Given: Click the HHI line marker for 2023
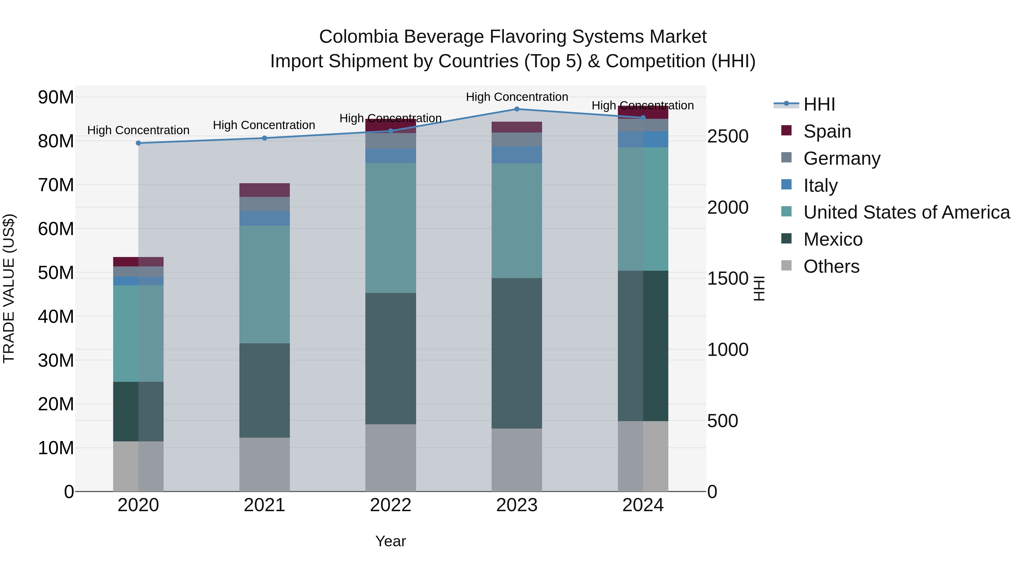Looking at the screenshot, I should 517,109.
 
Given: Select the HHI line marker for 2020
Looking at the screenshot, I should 138,143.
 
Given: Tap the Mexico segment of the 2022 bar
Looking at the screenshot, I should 390,358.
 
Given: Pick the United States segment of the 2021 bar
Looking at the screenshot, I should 264,284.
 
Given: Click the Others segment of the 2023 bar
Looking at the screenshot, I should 517,460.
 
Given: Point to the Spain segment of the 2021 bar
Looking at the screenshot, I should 264,190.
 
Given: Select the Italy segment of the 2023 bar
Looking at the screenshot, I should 517,154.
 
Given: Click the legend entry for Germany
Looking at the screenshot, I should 842,158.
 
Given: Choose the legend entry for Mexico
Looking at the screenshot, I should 832,239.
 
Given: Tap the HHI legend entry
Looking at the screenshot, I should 819,104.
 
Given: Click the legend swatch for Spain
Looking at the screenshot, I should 786,131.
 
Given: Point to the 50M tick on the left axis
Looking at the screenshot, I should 56,273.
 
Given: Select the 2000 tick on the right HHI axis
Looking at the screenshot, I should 728,207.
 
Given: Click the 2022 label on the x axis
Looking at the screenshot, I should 390,505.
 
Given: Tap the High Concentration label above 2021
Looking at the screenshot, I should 264,125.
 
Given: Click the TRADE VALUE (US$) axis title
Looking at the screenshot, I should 9,288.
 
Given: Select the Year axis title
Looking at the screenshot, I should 390,541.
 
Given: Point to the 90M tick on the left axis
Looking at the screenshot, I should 56,97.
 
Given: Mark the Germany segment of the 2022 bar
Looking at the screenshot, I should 390,140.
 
